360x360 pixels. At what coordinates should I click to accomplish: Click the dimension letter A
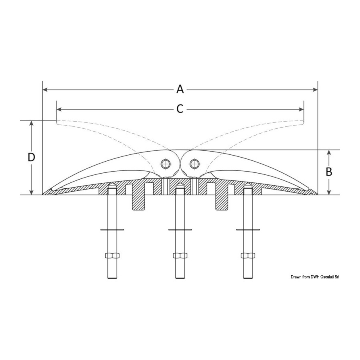[180, 89]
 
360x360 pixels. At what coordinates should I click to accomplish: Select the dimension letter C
[180, 109]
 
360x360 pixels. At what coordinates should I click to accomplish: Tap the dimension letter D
[31, 158]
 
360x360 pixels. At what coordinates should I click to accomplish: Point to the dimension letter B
[329, 172]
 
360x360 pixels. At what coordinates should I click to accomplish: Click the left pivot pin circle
[165, 164]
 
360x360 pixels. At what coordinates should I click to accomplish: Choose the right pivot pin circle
[194, 164]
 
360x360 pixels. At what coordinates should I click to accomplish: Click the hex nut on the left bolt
[112, 255]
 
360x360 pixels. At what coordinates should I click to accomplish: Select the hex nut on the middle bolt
[180, 255]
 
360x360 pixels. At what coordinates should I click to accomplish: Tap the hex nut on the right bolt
[248, 255]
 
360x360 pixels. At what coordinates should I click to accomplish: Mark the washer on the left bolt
[112, 229]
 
